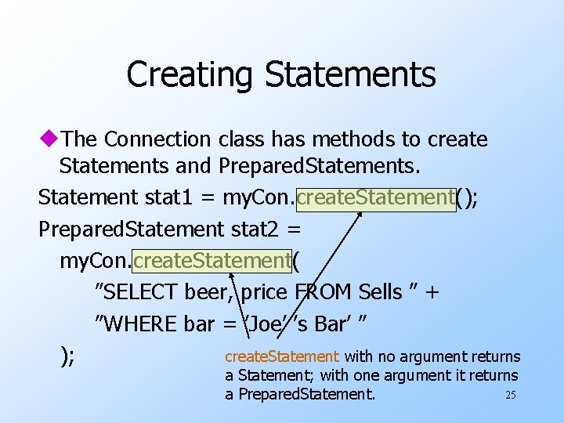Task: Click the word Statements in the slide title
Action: click(x=350, y=75)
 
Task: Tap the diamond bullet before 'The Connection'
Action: click(x=50, y=139)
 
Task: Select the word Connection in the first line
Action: click(x=157, y=139)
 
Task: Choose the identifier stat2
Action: click(x=256, y=230)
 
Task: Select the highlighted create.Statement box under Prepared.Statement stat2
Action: click(x=213, y=259)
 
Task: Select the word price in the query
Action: click(x=265, y=292)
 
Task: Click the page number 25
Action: click(x=511, y=395)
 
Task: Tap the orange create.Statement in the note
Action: click(x=282, y=357)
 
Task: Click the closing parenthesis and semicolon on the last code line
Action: click(x=67, y=355)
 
